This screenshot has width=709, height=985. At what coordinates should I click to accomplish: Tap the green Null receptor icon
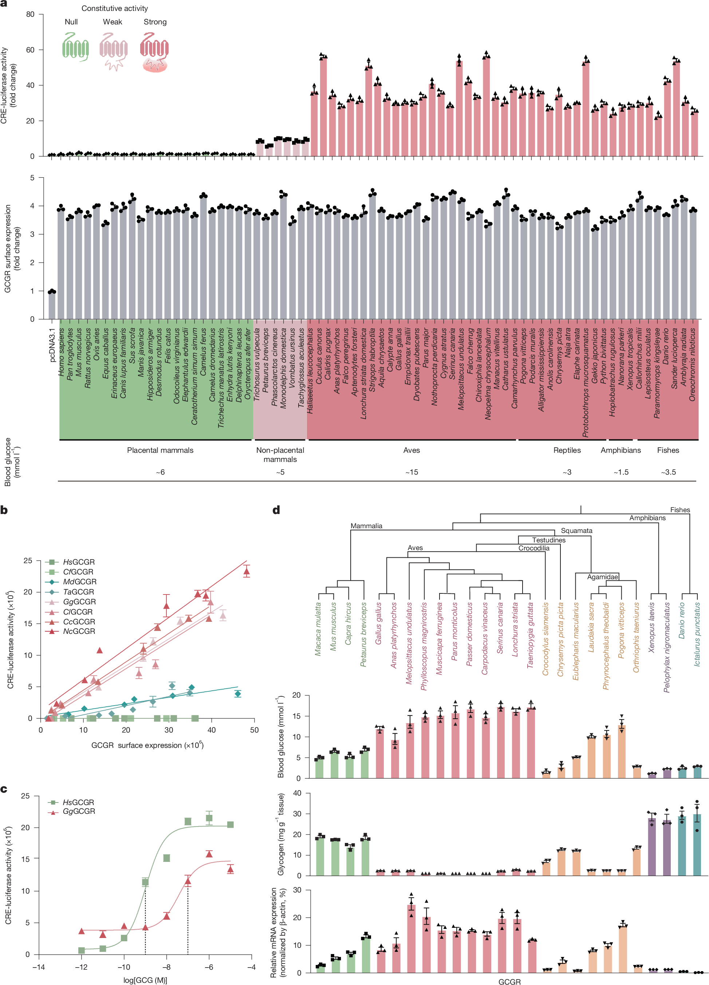pos(75,47)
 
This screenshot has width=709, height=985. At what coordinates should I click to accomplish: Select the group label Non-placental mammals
pos(280,455)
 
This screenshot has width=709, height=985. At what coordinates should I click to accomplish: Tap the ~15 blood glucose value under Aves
pos(411,472)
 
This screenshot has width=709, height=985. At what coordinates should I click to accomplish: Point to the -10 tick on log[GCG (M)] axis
pos(124,967)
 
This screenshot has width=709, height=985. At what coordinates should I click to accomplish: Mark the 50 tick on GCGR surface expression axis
pos(254,730)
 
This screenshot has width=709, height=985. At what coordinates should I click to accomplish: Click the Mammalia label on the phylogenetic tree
pos(366,526)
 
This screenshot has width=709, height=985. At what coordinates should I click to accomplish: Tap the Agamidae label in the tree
pos(602,577)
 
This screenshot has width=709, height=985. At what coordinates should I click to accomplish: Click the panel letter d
pos(276,510)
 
